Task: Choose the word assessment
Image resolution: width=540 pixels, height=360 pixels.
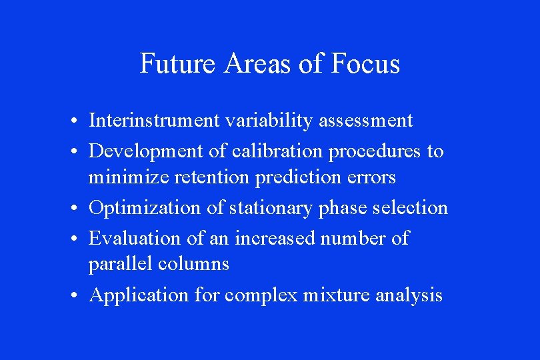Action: [366, 121]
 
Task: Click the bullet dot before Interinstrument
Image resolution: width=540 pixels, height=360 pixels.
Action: [79, 121]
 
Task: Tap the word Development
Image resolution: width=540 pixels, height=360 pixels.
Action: [147, 151]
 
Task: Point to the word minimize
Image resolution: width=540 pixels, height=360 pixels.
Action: [120, 177]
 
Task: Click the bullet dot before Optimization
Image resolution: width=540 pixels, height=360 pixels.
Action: [79, 209]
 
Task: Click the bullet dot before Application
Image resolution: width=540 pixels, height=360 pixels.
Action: [79, 295]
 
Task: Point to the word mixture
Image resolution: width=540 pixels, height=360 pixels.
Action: [337, 295]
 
